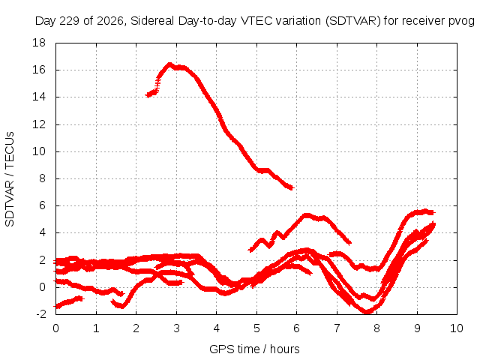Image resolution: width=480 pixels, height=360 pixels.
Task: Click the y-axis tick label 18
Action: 39,43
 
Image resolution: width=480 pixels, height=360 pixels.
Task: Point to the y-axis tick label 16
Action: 39,70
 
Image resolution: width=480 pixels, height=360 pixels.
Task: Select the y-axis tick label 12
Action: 39,124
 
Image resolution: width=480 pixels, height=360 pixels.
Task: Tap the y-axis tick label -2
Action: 40,314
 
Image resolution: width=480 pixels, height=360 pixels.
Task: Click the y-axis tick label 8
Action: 42,178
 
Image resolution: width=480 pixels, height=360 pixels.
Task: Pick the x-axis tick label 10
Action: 457,328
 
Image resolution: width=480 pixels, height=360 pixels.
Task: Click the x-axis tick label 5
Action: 256,328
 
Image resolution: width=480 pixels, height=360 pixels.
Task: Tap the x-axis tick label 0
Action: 55,328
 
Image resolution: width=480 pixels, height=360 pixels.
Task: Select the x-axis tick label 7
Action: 337,328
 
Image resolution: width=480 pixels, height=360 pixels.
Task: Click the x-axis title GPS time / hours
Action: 254,349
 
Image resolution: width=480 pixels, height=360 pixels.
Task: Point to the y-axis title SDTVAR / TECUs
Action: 10,179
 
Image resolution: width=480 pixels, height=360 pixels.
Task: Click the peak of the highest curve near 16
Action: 169,64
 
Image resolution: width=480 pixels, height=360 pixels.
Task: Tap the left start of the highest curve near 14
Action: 147,95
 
